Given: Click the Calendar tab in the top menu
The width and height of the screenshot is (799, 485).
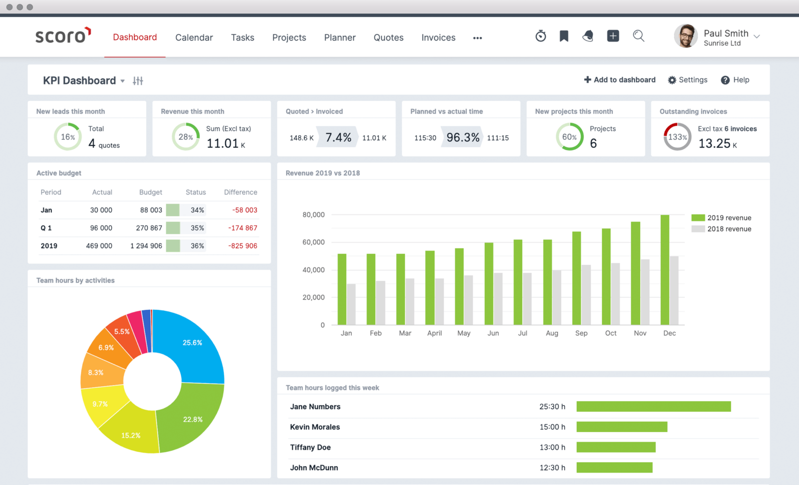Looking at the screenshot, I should pos(194,37).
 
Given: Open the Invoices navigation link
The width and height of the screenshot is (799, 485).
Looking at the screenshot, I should pos(438,37).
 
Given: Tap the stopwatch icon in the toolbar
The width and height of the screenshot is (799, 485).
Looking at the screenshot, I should pos(540,36).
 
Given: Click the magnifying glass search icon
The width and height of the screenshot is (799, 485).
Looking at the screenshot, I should pos(638,36).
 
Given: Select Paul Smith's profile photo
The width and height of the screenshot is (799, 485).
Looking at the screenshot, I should pos(686,36).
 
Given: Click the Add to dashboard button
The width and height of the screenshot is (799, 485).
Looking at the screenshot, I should pos(620,80).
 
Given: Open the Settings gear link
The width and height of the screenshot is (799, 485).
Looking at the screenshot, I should pos(688,80).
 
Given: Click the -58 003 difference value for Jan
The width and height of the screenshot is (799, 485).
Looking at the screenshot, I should pos(245,210).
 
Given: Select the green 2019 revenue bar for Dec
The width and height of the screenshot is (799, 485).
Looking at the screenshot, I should pos(665,270).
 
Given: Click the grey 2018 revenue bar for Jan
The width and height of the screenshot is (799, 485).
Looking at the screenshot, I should pos(351,304).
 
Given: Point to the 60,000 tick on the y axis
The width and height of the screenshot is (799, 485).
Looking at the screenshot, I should pos(314,242).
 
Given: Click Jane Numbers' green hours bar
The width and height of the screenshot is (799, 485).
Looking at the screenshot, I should pos(653,407).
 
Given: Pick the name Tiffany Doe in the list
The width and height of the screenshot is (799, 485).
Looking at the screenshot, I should pos(310,448).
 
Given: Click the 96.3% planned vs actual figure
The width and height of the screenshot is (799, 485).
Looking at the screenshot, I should pos(463,137).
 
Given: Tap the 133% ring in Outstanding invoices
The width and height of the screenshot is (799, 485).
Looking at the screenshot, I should pos(677,137).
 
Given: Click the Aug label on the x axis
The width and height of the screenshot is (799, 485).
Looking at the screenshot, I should pos(552,333).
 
